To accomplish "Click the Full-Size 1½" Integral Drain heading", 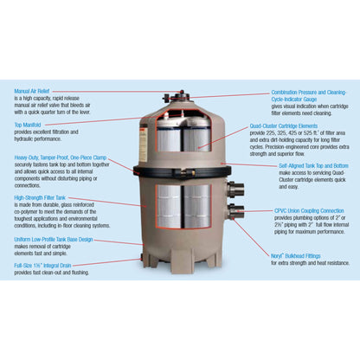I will coord(49,266).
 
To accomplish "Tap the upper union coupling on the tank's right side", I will coord(235,190).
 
